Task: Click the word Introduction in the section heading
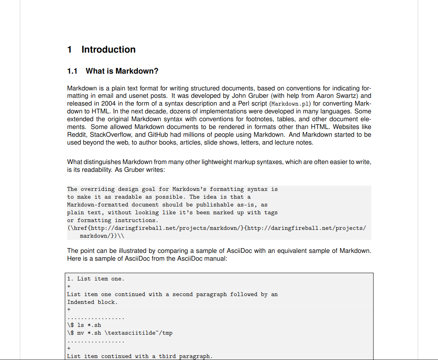[108, 49]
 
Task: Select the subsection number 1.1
[72, 71]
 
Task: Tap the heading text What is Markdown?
[122, 71]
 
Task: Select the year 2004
[108, 104]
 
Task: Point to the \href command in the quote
[80, 228]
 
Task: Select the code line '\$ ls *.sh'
[84, 325]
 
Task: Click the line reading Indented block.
[92, 302]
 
